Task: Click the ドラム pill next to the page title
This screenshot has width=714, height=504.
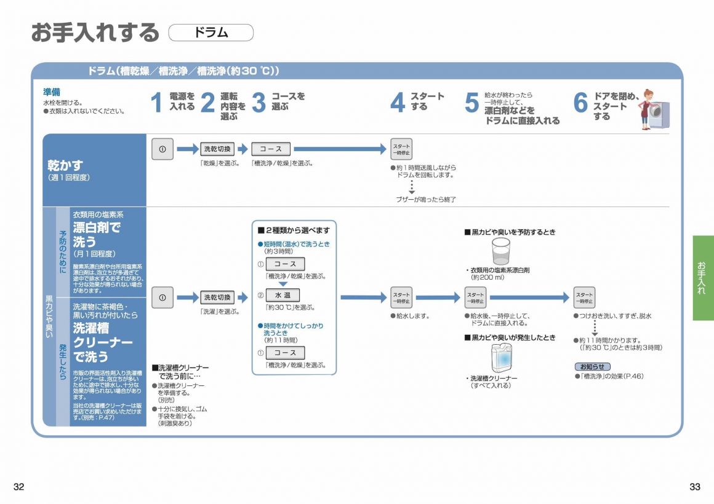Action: pyautogui.click(x=211, y=33)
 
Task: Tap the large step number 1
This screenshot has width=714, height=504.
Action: pyautogui.click(x=158, y=103)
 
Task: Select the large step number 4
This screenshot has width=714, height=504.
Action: pyautogui.click(x=398, y=103)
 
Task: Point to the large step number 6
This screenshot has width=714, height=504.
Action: pyautogui.click(x=580, y=103)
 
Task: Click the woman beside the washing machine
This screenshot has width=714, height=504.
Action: pyautogui.click(x=647, y=109)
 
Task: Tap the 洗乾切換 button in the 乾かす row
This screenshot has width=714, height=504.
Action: pyautogui.click(x=218, y=149)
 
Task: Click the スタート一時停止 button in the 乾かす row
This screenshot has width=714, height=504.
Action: pyautogui.click(x=401, y=149)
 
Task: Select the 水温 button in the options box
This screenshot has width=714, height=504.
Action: pyautogui.click(x=283, y=295)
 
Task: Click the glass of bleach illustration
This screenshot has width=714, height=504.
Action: pyautogui.click(x=501, y=251)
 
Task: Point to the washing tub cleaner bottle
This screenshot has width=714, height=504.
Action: pyautogui.click(x=501, y=358)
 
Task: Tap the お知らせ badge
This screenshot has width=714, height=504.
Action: pyautogui.click(x=592, y=366)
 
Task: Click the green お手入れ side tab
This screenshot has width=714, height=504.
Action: pyautogui.click(x=702, y=278)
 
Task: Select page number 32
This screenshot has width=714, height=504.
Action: pyautogui.click(x=18, y=487)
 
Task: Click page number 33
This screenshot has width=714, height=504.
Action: pyautogui.click(x=695, y=487)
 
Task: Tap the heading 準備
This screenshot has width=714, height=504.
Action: pyautogui.click(x=51, y=92)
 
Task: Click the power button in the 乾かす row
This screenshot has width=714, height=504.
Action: pyautogui.click(x=162, y=149)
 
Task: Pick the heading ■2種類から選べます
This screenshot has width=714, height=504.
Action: pyautogui.click(x=294, y=230)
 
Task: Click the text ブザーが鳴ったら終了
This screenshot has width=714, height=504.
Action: pyautogui.click(x=425, y=199)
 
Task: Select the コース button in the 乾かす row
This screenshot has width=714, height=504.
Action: pyautogui.click(x=271, y=149)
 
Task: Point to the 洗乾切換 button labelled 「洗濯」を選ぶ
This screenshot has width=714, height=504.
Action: pyautogui.click(x=218, y=297)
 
